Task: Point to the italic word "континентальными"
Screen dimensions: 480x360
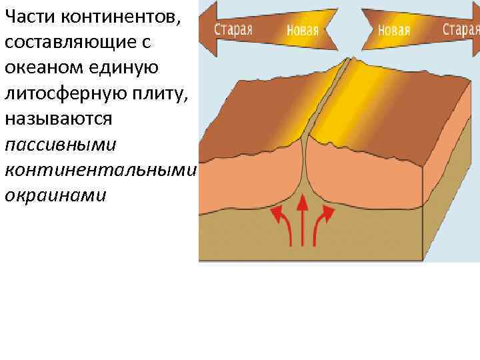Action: (x=100, y=170)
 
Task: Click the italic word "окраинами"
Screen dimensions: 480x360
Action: (x=55, y=196)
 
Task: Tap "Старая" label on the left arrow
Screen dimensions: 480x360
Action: (x=233, y=29)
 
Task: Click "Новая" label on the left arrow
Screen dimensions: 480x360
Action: (x=302, y=30)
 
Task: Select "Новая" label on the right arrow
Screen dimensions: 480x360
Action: (x=393, y=30)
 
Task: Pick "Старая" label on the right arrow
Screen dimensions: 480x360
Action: (x=461, y=29)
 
